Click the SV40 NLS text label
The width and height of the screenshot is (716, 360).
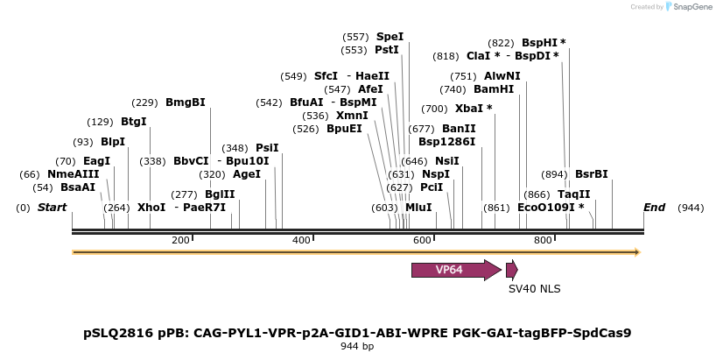coord(534,288)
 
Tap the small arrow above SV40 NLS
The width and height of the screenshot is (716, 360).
coord(511,270)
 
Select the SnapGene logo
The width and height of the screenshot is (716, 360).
coord(689,7)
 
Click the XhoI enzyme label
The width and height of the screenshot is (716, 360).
coord(151,208)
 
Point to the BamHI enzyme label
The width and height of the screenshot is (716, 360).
coord(494,89)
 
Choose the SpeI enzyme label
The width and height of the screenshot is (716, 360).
coord(390,37)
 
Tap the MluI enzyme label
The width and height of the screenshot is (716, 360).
coord(418,208)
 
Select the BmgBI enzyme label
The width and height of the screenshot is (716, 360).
coord(186,102)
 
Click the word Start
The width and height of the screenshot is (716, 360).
coord(53,208)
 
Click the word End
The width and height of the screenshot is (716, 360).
coord(654,208)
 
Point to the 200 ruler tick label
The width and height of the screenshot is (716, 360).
coord(181,240)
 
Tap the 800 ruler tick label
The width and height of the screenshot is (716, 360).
coord(543,240)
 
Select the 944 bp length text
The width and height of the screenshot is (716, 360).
coord(357,347)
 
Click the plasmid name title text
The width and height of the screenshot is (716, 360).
coord(357,333)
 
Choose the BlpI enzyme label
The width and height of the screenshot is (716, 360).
coord(113,142)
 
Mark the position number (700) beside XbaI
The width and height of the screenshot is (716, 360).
coord(434,109)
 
